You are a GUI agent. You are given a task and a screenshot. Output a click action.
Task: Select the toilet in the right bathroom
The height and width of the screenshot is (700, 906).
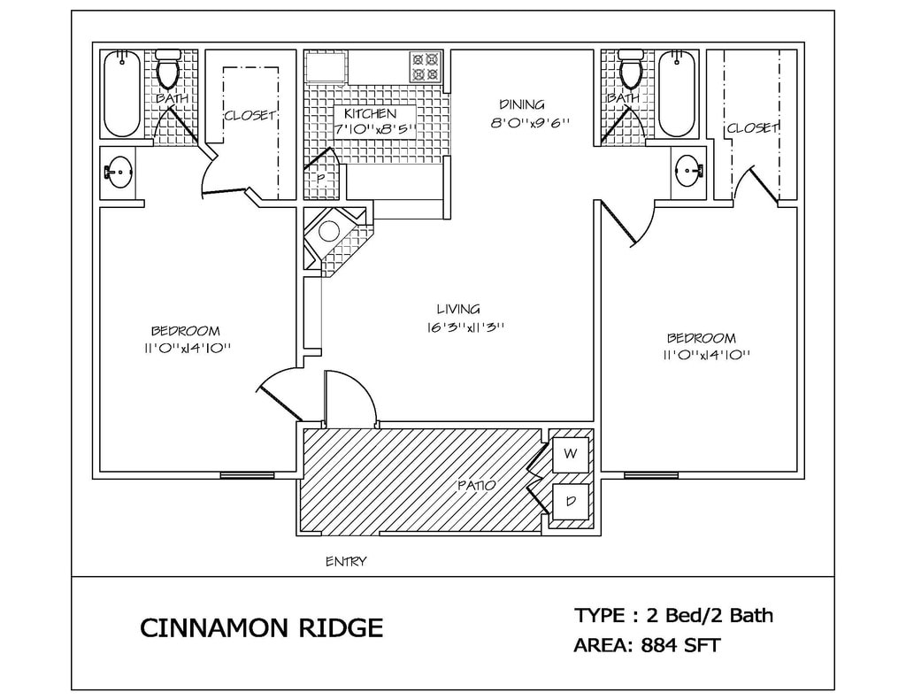pyautogui.click(x=631, y=70)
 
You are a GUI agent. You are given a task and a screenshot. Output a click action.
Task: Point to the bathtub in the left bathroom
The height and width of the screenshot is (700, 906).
pyautogui.click(x=122, y=94)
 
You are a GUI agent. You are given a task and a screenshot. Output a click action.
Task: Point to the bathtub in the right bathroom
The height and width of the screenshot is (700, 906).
pyautogui.click(x=677, y=94)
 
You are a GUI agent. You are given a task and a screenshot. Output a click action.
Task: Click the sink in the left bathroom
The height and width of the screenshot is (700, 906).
pyautogui.click(x=119, y=172)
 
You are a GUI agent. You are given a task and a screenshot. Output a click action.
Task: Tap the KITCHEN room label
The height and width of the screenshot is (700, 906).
pyautogui.click(x=370, y=114)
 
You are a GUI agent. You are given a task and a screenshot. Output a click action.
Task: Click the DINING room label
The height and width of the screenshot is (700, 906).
pyautogui.click(x=521, y=104)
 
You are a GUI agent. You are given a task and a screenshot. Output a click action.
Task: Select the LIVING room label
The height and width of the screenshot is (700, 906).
pyautogui.click(x=458, y=309)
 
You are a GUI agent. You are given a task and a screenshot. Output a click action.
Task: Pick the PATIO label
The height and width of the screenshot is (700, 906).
pyautogui.click(x=476, y=485)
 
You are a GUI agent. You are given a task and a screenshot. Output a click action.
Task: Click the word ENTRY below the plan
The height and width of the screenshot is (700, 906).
pyautogui.click(x=346, y=561)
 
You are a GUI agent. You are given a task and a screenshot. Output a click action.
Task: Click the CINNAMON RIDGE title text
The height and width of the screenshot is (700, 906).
pyautogui.click(x=262, y=628)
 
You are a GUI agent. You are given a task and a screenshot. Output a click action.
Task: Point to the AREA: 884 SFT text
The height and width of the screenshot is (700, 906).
pyautogui.click(x=647, y=645)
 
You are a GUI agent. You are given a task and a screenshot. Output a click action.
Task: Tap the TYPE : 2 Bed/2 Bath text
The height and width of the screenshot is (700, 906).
pyautogui.click(x=673, y=614)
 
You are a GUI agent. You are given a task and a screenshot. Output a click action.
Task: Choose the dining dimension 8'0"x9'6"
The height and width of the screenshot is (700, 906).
pyautogui.click(x=528, y=124)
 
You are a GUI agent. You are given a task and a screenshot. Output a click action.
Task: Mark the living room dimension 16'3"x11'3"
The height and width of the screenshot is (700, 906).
pyautogui.click(x=465, y=327)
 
